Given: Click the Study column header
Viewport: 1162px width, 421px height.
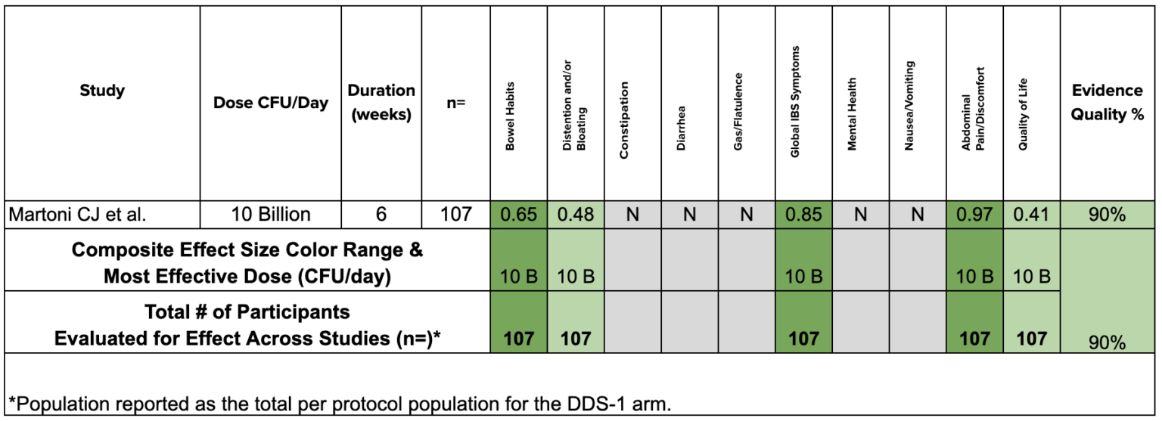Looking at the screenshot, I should (x=102, y=91).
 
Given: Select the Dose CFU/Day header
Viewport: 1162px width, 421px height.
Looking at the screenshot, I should (x=271, y=103).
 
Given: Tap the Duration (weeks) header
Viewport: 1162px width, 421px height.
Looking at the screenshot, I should (x=381, y=103).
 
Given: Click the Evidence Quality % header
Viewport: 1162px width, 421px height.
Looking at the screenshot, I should (x=1107, y=103).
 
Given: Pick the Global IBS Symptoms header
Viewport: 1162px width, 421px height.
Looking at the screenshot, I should (x=795, y=102).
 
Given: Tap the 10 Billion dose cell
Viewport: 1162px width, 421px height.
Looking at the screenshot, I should (x=271, y=215).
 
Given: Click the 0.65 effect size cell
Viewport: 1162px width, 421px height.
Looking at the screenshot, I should (x=519, y=215).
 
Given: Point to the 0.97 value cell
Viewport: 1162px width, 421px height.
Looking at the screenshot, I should (x=974, y=215).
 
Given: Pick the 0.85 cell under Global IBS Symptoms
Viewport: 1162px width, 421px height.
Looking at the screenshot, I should (x=803, y=215).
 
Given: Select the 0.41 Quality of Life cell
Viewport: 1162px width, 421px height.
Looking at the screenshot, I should (x=1031, y=215).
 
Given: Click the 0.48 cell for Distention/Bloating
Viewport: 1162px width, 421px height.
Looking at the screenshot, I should (x=576, y=215).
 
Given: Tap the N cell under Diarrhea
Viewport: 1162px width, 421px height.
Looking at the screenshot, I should (x=689, y=215).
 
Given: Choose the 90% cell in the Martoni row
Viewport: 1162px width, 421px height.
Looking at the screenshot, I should (x=1108, y=215).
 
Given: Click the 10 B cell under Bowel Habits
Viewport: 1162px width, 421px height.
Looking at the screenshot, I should (x=519, y=277).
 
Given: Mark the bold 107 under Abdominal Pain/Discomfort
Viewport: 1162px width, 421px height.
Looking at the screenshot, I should (x=974, y=338).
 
